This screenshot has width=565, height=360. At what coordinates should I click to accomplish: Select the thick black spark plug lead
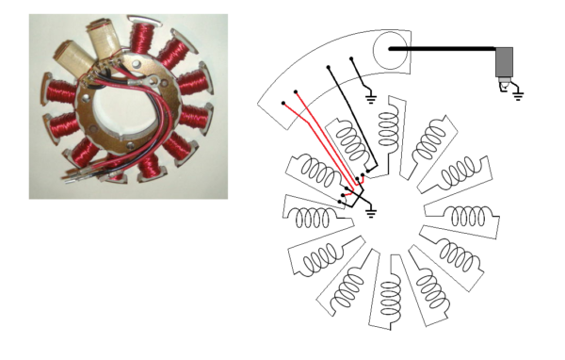click(x=443, y=48)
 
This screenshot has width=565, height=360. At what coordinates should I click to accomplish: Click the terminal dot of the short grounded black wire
click(x=352, y=59)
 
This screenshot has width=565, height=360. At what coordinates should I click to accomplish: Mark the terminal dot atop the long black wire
click(x=329, y=68)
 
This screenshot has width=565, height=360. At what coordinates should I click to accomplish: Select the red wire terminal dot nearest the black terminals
click(x=297, y=92)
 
